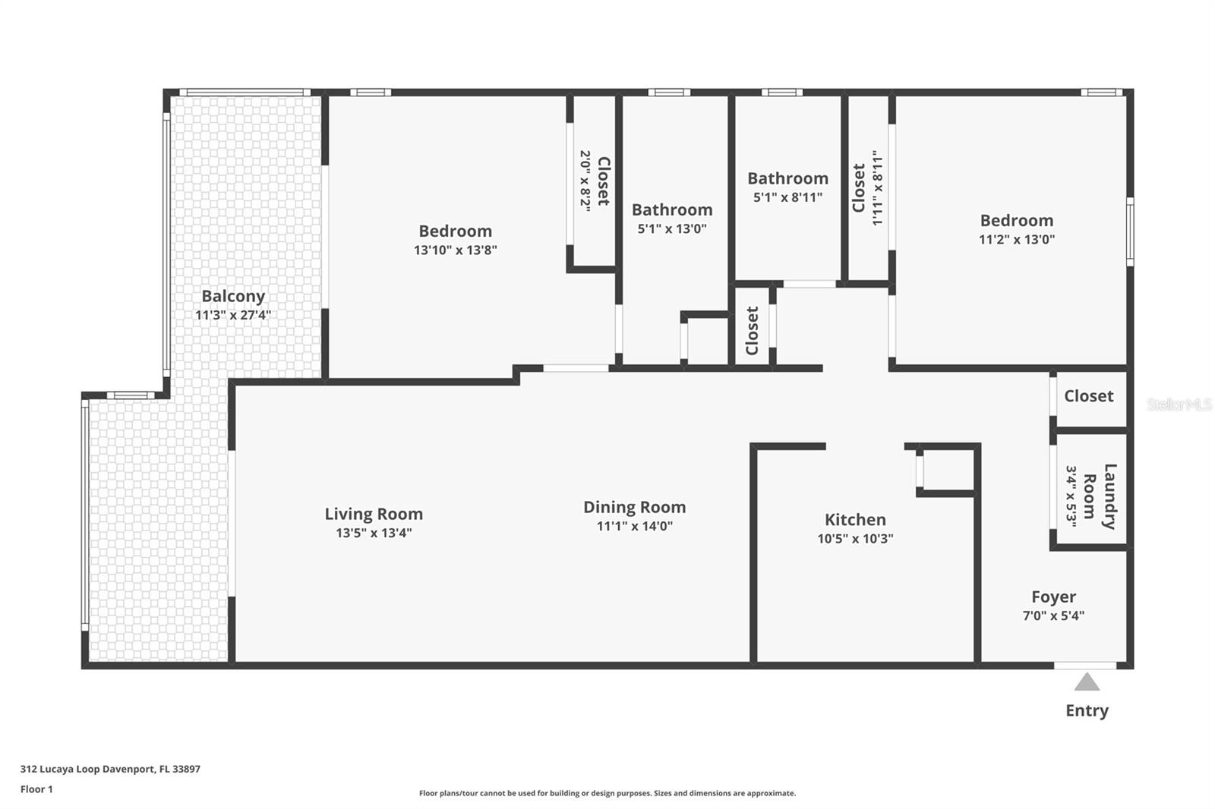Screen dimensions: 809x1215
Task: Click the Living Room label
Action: (374, 514)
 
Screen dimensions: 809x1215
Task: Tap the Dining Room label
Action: (634, 507)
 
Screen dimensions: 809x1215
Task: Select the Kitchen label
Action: (855, 520)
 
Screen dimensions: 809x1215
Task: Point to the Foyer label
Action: (1053, 597)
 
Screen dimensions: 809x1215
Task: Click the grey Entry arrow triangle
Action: (1087, 682)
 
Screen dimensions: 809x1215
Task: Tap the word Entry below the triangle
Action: (1087, 711)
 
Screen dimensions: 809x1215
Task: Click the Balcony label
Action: (233, 296)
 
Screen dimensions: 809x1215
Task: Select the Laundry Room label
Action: (1100, 496)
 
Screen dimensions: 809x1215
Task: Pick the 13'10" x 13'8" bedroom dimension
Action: (455, 250)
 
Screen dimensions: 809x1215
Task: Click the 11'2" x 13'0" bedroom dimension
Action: (1016, 239)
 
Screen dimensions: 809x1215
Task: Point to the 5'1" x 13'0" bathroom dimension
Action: (672, 228)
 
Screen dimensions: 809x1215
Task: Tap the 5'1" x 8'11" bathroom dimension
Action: (787, 197)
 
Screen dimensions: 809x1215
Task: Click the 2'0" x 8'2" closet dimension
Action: (585, 181)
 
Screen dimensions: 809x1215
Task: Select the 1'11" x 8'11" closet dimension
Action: (878, 187)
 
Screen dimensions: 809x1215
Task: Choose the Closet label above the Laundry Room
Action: (1088, 396)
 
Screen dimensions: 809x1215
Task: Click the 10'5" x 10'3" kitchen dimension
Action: (855, 539)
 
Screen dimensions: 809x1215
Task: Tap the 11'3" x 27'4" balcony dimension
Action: (233, 315)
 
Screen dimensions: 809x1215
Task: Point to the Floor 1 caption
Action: (36, 789)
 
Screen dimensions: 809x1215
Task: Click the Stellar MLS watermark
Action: (1179, 404)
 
